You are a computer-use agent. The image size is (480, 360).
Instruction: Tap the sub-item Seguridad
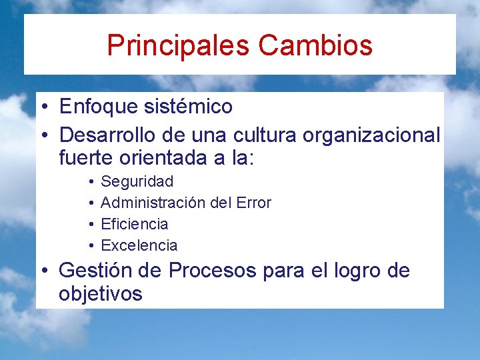(x=137, y=181)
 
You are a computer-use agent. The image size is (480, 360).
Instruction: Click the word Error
(x=253, y=203)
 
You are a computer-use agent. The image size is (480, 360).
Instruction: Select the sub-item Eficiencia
(x=134, y=224)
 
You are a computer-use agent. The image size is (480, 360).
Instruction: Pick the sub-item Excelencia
(x=139, y=245)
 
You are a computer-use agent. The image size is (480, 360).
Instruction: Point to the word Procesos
(x=212, y=271)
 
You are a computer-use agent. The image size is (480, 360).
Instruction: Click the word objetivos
(x=100, y=294)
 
